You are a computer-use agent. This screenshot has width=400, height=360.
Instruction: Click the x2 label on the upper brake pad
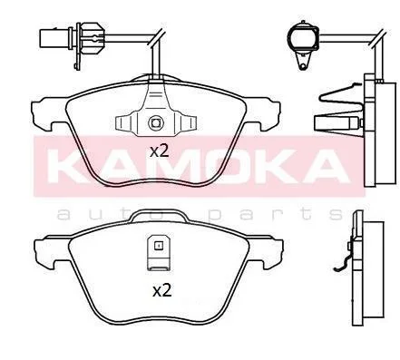pos(159,151)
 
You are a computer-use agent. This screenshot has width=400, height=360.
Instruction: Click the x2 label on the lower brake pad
pos(162,291)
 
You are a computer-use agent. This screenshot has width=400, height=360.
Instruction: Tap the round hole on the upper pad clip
pos(156,123)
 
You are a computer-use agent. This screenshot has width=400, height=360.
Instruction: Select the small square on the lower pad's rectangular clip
pos(158,246)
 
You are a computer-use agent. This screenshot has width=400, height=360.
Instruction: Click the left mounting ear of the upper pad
pos(48,112)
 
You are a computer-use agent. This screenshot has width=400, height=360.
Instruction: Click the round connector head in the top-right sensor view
pos(303,37)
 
